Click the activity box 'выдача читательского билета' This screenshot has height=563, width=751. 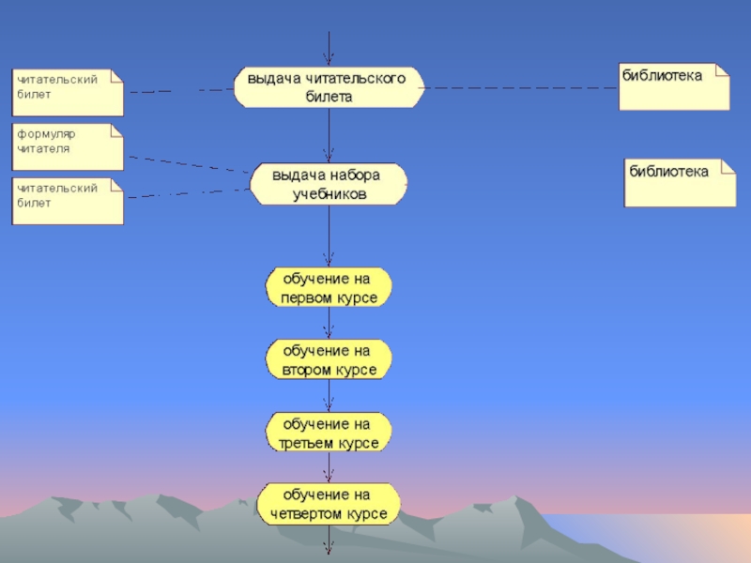[329, 87]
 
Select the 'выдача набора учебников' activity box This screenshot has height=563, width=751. [329, 185]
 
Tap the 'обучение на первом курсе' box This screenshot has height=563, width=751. [329, 288]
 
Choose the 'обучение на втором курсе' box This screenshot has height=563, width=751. [329, 359]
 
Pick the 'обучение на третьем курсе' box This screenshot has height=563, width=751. [329, 432]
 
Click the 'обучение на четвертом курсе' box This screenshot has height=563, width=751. [329, 504]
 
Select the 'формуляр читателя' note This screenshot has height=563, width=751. [68, 146]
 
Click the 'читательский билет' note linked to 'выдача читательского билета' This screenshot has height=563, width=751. [68, 91]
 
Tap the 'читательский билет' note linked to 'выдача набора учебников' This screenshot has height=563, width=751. [68, 201]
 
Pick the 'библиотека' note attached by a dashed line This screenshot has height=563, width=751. [674, 86]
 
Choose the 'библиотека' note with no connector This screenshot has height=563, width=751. [681, 182]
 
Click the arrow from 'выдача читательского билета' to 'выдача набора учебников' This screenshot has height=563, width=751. [329, 136]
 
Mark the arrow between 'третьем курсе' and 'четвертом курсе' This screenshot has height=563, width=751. [329, 467]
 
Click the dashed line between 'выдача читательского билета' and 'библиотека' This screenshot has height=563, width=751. [521, 88]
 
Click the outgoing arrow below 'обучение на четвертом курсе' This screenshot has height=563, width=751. [329, 542]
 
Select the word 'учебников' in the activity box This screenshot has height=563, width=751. [329, 195]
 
